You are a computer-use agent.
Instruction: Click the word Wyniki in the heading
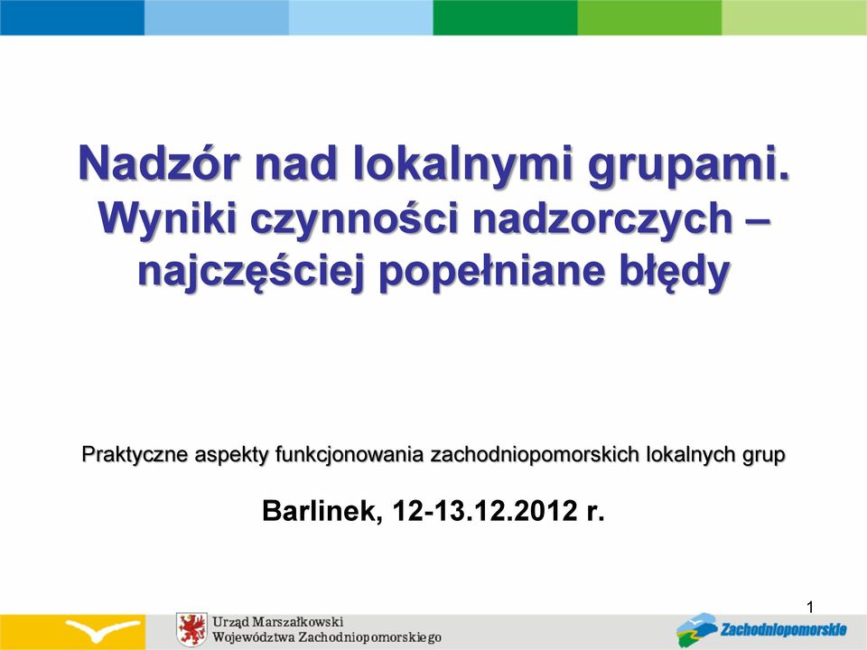click(168, 218)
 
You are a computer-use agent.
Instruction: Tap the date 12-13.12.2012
click(485, 511)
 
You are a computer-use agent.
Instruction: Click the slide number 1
click(810, 608)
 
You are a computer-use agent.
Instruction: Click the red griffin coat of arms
click(191, 629)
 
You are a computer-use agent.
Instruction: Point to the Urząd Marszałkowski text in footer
click(278, 621)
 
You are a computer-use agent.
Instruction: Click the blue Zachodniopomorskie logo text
click(783, 629)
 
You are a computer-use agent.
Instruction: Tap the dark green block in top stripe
click(506, 17)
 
